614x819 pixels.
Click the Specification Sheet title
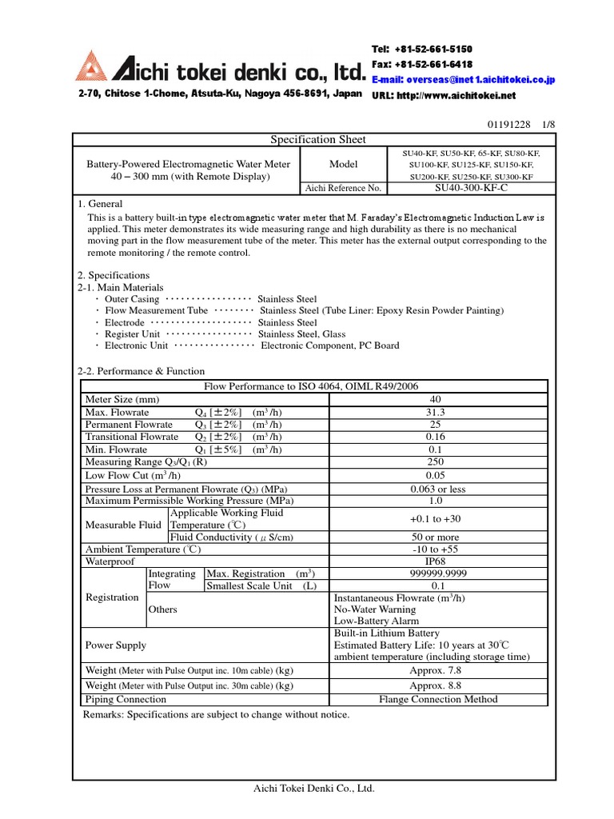pyautogui.click(x=317, y=139)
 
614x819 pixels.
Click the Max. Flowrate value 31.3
pyautogui.click(x=435, y=412)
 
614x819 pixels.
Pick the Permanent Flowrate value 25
pyautogui.click(x=435, y=424)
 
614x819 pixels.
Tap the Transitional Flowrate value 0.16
pyautogui.click(x=435, y=437)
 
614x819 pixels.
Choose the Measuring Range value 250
pyautogui.click(x=435, y=461)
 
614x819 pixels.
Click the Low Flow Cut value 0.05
pyautogui.click(x=435, y=475)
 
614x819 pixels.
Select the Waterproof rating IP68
pyautogui.click(x=435, y=561)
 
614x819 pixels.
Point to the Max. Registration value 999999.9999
pyautogui.click(x=435, y=573)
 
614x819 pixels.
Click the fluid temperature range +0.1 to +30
pyautogui.click(x=435, y=518)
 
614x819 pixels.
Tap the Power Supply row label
pyautogui.click(x=115, y=645)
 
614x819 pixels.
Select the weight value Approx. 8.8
pyautogui.click(x=435, y=685)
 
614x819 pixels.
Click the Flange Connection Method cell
pyautogui.click(x=438, y=699)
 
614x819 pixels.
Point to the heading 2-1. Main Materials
pyautogui.click(x=120, y=287)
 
